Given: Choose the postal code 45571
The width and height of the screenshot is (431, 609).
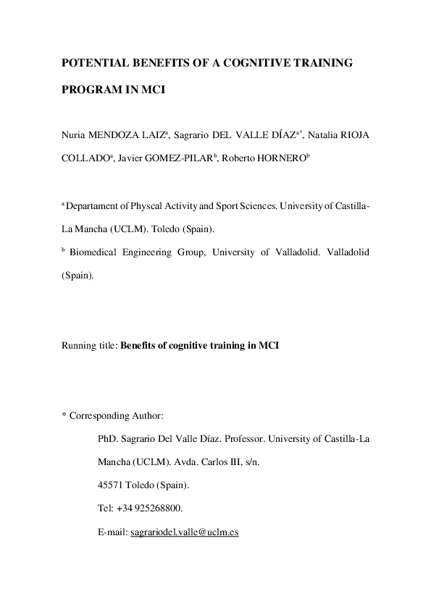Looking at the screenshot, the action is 110,485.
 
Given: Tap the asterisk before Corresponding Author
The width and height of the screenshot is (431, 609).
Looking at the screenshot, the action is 64,416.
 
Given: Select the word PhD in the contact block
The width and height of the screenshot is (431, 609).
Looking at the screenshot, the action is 107,438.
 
